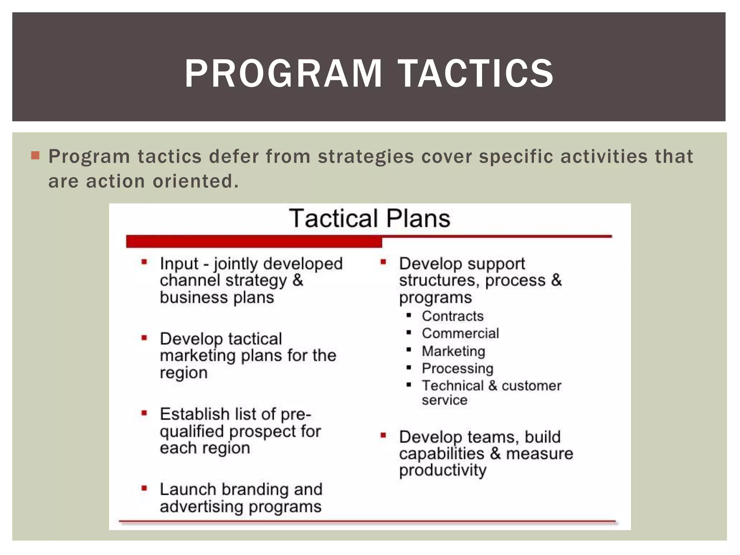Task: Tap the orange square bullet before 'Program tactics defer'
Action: click(x=35, y=156)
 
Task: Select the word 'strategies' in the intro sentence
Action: click(x=366, y=157)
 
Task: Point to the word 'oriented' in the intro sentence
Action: click(x=195, y=181)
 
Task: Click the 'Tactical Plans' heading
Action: click(x=370, y=219)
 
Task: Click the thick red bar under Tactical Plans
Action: click(x=254, y=241)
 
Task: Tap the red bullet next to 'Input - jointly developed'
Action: click(x=144, y=262)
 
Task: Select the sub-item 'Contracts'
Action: click(x=452, y=316)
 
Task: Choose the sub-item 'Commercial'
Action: click(x=460, y=334)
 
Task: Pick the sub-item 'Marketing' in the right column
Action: click(x=453, y=351)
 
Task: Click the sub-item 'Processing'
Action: click(x=457, y=369)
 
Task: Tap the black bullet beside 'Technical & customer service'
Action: click(x=409, y=385)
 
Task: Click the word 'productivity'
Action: click(x=443, y=470)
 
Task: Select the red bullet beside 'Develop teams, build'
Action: click(x=383, y=435)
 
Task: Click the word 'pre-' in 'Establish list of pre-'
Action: click(x=296, y=414)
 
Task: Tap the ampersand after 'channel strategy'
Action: click(x=298, y=280)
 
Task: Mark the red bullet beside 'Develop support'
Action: click(x=383, y=262)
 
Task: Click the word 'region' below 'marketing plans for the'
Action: click(x=184, y=373)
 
